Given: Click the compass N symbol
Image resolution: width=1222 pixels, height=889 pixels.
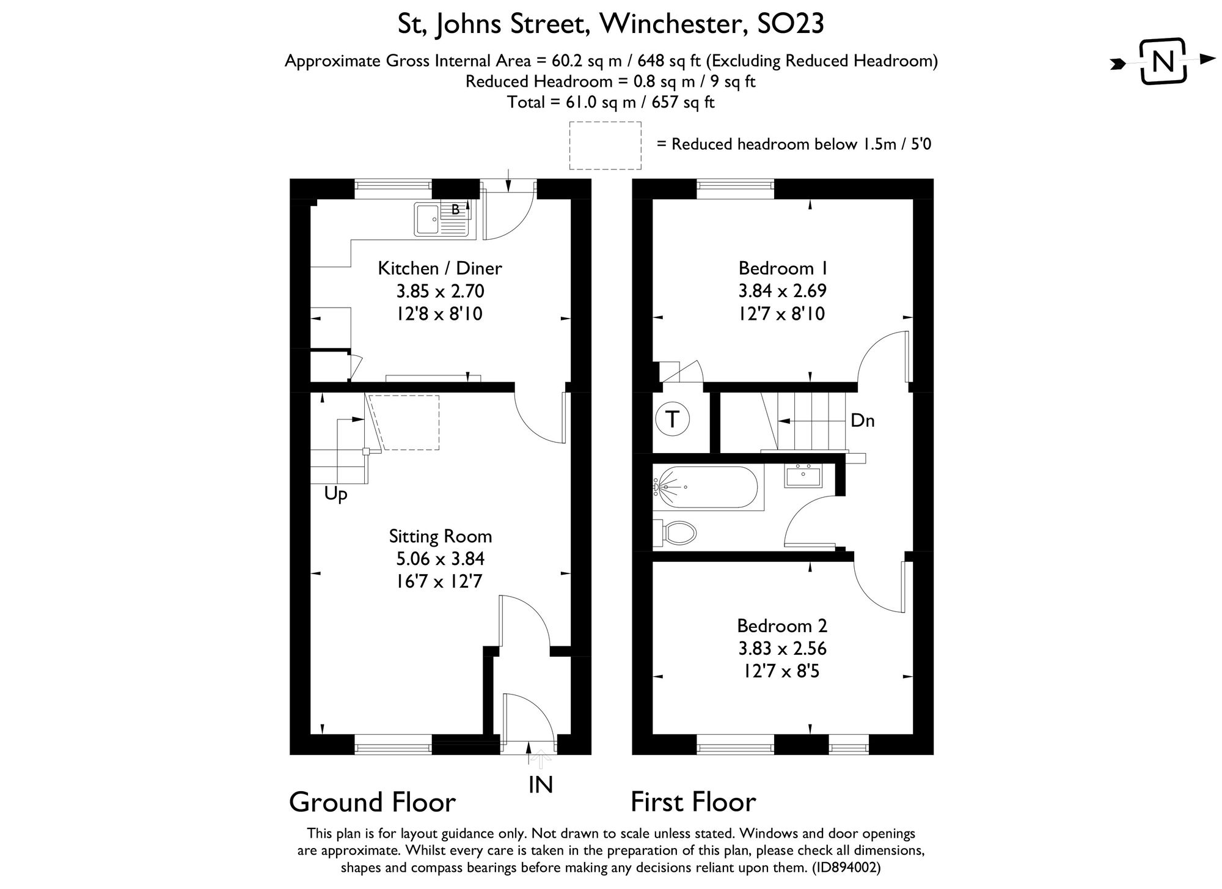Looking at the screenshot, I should (x=1163, y=61).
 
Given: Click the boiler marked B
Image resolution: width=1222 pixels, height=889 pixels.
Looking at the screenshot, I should (x=456, y=210).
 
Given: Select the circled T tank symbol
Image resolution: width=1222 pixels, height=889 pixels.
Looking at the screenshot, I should (x=672, y=419).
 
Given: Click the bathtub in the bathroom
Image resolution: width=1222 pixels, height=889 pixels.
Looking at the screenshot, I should (x=706, y=487).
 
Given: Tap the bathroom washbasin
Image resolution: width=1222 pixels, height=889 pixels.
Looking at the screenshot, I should (x=803, y=475).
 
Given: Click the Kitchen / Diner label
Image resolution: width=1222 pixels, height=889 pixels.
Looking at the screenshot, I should (x=440, y=268).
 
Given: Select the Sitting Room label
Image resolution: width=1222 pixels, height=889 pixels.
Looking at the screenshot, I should (x=440, y=536).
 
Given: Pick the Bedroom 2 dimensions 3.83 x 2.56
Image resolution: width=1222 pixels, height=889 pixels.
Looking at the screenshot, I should (x=781, y=648).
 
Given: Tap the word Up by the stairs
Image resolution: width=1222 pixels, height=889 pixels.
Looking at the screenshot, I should (x=335, y=494).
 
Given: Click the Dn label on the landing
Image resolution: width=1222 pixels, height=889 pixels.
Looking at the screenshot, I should (x=862, y=421).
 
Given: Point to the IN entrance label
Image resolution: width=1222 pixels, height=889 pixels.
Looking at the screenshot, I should (x=541, y=784).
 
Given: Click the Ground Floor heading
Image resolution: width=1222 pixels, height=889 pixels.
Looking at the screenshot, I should (x=372, y=802).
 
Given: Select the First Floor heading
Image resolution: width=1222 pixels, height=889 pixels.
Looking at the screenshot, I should (x=693, y=802).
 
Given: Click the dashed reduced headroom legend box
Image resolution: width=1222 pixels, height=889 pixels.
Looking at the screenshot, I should (x=605, y=145).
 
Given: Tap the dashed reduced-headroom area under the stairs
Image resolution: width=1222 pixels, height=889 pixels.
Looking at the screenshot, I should (x=407, y=422).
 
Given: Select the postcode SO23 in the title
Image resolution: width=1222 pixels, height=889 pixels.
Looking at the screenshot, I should (x=791, y=24).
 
